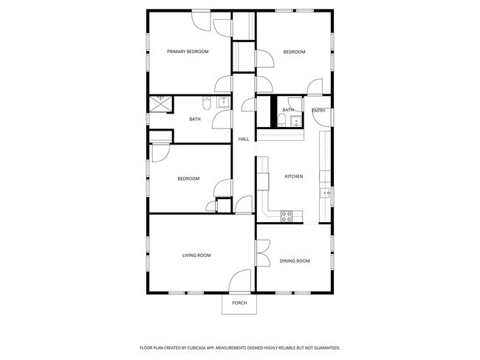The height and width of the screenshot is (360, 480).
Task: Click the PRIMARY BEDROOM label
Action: coord(188,52)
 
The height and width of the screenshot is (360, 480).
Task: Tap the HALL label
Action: coord(243,139)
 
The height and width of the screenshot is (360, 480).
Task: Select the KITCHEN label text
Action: coord(294,176)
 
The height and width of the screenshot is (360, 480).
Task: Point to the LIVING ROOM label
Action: coord(196,255)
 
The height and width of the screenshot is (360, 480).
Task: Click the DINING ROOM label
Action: coord(294,261)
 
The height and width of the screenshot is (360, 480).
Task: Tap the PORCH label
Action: coord(239,303)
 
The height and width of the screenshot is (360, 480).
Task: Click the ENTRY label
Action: coord(319,111)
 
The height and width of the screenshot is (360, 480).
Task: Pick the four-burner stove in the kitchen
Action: coord(287,215)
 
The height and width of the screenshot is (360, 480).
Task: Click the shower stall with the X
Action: coord(160,103)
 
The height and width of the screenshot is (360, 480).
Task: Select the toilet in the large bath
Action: coord(208,102)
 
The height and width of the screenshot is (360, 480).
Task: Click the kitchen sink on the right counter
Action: coord(325,194)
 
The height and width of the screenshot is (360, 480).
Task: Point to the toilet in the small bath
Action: coord(283,120)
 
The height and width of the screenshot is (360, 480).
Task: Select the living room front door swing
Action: coord(240,282)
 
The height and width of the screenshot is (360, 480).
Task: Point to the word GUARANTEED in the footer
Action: coord(326,347)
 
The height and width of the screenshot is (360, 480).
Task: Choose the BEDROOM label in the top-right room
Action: coord(294,52)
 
